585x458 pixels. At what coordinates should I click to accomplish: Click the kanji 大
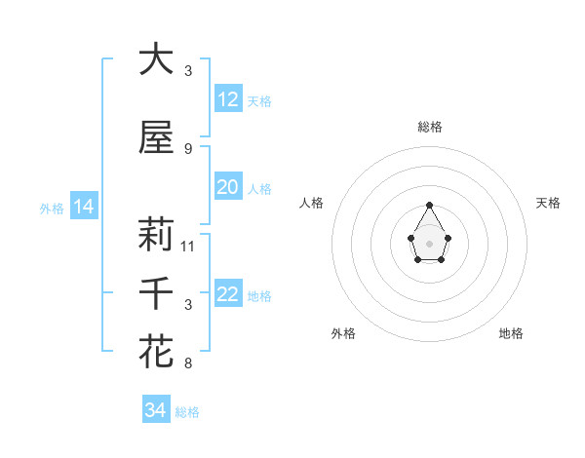coord(156,59)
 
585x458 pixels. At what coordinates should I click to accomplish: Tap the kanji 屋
coord(156,138)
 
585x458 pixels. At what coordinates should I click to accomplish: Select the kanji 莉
coord(156,235)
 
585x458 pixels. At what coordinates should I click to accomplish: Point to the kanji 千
coord(156,293)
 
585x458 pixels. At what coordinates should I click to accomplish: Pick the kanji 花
coord(156,352)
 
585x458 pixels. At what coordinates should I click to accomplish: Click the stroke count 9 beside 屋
coord(188,149)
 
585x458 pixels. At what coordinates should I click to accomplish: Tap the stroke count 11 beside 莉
coord(188,247)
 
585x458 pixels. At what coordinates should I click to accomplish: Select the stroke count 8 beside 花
coord(188,363)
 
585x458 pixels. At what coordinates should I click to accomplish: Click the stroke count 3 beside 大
coord(188,71)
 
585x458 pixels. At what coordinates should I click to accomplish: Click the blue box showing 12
coord(227,99)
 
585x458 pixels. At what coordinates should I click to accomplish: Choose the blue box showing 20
coord(227,188)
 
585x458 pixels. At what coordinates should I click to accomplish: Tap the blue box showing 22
coord(227,295)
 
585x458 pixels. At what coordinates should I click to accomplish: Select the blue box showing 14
coord(83,207)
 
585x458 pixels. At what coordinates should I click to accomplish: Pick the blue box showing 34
coord(155,411)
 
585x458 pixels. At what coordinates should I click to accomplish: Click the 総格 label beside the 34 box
coord(187,412)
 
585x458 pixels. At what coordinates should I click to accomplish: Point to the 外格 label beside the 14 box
coord(52,208)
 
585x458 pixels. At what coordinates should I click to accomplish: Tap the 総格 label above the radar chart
coord(430,127)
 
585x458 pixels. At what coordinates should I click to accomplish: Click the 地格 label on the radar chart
coord(511,333)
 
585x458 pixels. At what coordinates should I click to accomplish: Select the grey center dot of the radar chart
coord(429,243)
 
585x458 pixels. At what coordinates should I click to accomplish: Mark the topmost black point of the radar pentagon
coord(429,205)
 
